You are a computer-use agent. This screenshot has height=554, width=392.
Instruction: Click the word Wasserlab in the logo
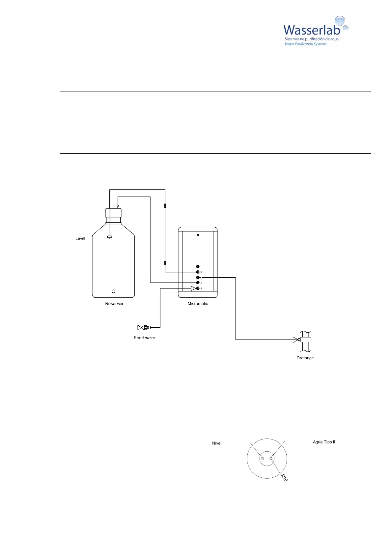click(311, 30)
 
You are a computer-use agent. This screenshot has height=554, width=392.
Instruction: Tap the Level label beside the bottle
click(80, 239)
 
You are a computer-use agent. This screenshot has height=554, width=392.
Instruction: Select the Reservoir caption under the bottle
click(114, 304)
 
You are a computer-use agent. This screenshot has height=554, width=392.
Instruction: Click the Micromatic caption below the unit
click(198, 304)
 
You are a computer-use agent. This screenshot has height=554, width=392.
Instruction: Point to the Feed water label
click(144, 338)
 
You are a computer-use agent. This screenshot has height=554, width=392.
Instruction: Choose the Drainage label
click(305, 358)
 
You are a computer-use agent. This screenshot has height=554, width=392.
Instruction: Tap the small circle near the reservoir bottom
click(113, 291)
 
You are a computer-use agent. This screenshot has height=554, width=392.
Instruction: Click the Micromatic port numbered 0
click(198, 272)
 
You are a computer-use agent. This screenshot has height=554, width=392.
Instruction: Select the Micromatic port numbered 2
click(198, 283)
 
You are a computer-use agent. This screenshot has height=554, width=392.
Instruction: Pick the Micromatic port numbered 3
click(198, 288)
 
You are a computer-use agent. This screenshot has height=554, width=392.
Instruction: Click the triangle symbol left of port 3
click(193, 289)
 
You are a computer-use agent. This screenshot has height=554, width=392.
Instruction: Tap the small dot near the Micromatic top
click(198, 235)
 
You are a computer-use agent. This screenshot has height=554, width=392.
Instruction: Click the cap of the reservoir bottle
click(113, 213)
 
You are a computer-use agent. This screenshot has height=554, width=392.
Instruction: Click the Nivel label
click(216, 443)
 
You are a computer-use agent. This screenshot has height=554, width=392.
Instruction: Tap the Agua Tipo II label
click(324, 442)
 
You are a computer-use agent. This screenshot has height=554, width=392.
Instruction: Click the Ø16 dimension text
click(285, 478)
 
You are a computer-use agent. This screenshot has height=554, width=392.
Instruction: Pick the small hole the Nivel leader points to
click(263, 458)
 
